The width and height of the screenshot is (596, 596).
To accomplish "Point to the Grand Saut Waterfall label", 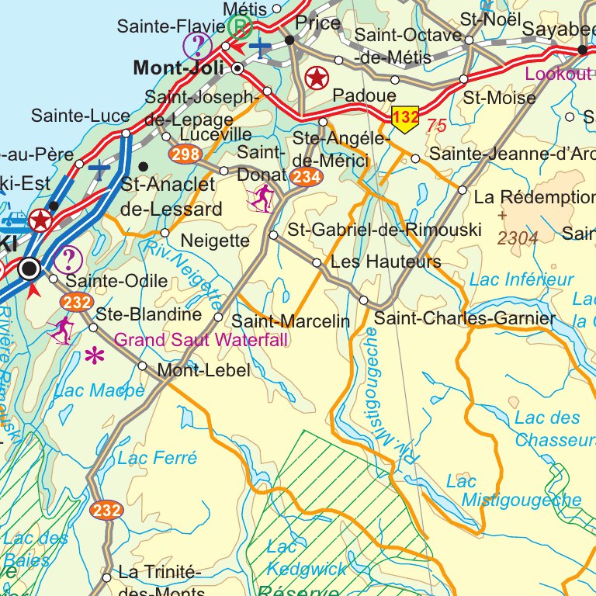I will pyautogui.click(x=201, y=340).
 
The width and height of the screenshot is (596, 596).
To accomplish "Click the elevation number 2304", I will pyautogui.click(x=518, y=238).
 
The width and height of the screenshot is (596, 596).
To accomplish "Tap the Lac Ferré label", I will pyautogui.click(x=158, y=458).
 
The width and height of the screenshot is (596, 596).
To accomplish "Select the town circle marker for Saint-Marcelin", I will pyautogui.click(x=218, y=317).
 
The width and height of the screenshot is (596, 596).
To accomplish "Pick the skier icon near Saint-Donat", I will pyautogui.click(x=262, y=198).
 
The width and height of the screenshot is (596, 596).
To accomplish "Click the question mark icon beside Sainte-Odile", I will pyautogui.click(x=69, y=259).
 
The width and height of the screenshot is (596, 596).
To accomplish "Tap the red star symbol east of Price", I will pyautogui.click(x=316, y=78).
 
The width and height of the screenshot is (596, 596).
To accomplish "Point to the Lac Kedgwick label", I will pyautogui.click(x=307, y=558).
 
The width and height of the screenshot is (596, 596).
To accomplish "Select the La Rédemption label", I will pyautogui.click(x=535, y=196).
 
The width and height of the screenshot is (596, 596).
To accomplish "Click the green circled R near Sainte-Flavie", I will pyautogui.click(x=241, y=26).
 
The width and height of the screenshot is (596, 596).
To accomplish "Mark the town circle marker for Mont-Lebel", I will pyautogui.click(x=142, y=366).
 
